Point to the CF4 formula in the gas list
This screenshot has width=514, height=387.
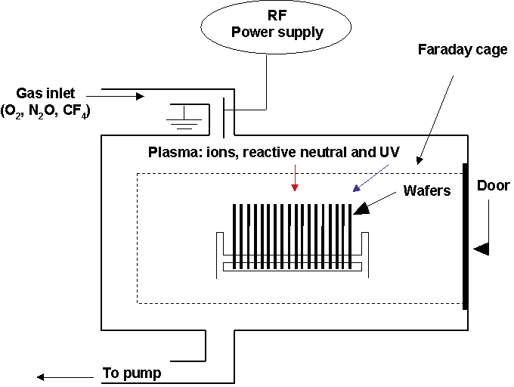pos(91,111)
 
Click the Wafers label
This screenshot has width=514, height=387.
pos(427,190)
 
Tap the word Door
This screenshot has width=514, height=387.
pos(493,186)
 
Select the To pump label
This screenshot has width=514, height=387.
pos(132,373)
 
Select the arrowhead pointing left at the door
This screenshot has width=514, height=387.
pos(481,248)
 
